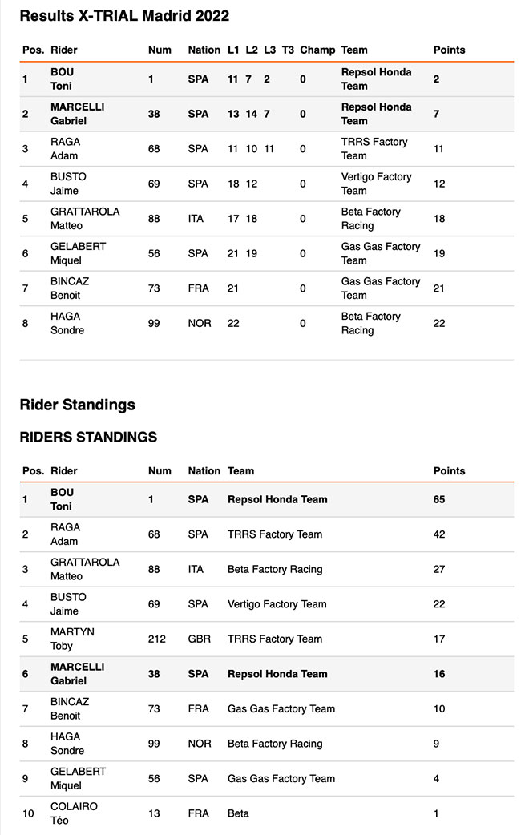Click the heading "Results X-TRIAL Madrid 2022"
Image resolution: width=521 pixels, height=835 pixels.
click(124, 16)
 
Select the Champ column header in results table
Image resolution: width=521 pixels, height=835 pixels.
click(317, 50)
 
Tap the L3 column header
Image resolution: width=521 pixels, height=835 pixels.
click(269, 50)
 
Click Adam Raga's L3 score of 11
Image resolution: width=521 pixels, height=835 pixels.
click(269, 149)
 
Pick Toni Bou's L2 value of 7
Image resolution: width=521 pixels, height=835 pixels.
click(249, 79)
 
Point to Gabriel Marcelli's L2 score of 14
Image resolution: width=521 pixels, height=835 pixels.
click(252, 114)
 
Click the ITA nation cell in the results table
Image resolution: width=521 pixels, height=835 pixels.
click(197, 219)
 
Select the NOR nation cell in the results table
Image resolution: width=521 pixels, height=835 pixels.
click(200, 323)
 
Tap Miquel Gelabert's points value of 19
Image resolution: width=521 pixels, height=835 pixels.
click(439, 253)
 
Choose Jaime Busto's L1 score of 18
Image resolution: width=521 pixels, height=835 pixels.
click(233, 184)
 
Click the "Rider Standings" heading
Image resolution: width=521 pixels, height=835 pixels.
click(77, 405)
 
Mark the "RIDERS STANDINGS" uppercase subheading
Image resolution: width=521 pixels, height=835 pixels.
click(88, 438)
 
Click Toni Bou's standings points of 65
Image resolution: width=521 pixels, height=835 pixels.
click(439, 500)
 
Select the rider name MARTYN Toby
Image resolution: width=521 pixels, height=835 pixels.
click(72, 639)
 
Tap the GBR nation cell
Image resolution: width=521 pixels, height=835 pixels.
click(199, 639)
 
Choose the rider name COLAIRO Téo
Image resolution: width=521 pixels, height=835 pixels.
click(74, 813)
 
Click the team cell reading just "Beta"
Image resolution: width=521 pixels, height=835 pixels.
click(238, 813)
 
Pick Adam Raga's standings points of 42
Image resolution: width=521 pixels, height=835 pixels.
click(439, 534)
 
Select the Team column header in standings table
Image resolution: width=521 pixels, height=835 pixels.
click(240, 471)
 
